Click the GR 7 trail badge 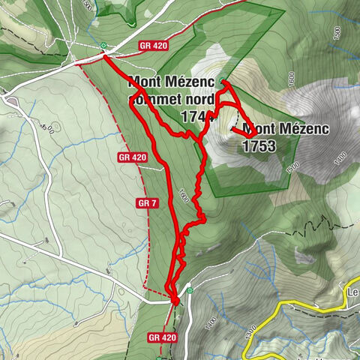tap(145, 202)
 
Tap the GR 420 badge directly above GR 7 tap(131, 157)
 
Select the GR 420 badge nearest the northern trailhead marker tap(153, 46)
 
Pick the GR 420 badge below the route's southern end tap(162, 337)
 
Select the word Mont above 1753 tap(259, 128)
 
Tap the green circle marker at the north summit tap(223, 81)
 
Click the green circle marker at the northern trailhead tap(103, 46)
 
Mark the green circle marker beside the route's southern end tap(190, 290)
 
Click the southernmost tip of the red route tap(175, 302)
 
